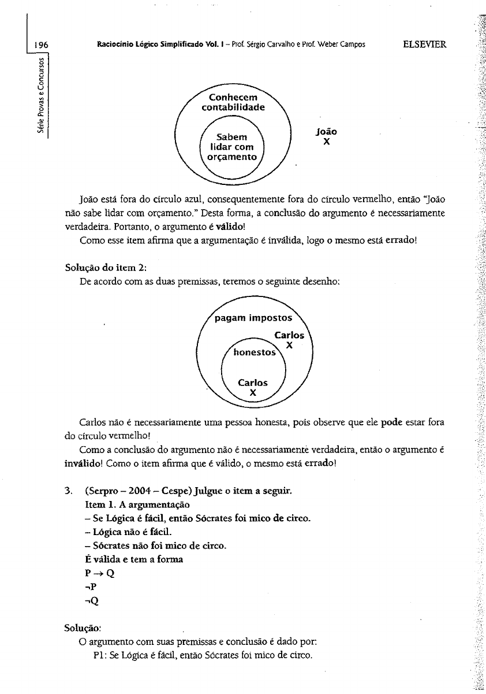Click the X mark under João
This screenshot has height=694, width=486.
coord(326,141)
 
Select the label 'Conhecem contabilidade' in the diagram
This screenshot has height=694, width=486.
coord(233,102)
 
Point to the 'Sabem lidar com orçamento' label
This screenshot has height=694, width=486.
coord(231,147)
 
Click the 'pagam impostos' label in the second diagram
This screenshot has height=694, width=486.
coord(253,318)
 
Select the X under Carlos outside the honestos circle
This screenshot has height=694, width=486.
coord(289,345)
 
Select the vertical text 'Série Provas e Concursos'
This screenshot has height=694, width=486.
coord(42,95)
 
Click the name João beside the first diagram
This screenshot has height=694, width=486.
coord(327,131)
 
